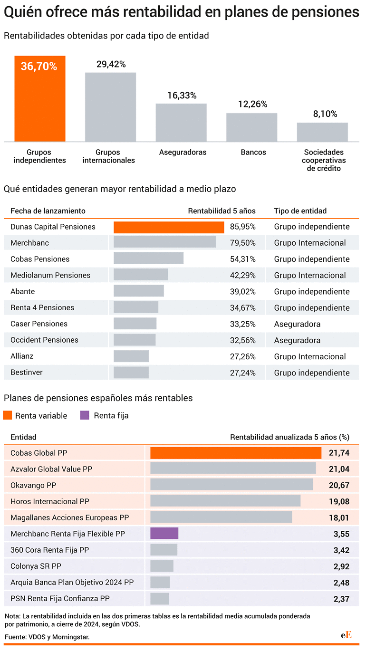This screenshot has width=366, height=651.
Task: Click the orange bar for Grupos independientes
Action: tap(40, 99)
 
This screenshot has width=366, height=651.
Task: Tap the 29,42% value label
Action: tap(111, 64)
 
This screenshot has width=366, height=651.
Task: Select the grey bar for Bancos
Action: tap(252, 127)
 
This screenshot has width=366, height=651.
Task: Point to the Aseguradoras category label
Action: tap(183, 152)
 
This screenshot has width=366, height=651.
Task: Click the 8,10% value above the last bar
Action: tap(325, 114)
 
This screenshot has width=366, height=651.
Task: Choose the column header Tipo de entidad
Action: tap(300, 211)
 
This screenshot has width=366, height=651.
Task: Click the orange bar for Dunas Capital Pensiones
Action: tap(169, 227)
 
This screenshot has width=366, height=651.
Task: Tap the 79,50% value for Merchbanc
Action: tap(243, 243)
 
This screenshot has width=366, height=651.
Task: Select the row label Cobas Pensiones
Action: tap(40, 259)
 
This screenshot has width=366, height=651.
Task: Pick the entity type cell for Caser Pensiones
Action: tap(297, 324)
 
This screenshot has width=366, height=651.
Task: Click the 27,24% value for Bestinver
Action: tap(243, 373)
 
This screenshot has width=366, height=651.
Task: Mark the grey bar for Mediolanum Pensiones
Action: tap(141, 275)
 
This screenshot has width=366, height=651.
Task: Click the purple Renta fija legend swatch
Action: tap(85, 415)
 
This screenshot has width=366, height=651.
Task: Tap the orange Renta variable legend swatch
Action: tap(8, 415)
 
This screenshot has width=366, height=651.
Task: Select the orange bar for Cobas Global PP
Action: tap(236, 453)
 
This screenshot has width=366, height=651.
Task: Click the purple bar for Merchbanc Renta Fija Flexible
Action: tap(164, 534)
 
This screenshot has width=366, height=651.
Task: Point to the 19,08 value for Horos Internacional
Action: tap(339, 502)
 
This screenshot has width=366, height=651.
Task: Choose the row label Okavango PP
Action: tap(33, 485)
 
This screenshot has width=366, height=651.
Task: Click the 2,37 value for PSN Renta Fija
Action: tap(341, 599)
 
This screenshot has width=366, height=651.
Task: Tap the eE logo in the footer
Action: tap(346, 635)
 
